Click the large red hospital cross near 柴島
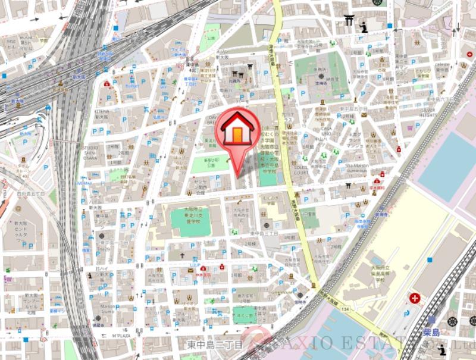(x=415, y=297)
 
